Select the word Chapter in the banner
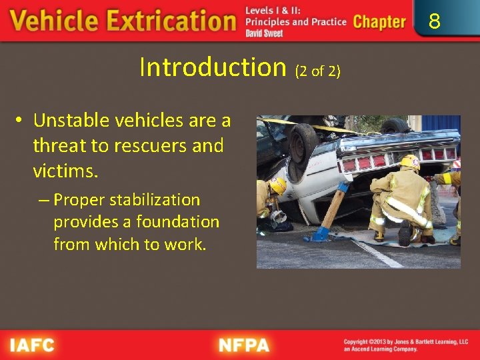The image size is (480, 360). click(x=379, y=22)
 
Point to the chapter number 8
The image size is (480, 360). click(x=434, y=22)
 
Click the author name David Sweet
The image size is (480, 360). click(x=264, y=33)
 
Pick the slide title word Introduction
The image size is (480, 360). click(x=212, y=67)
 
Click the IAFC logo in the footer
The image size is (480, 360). click(x=31, y=346)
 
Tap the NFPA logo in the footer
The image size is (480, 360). click(x=244, y=346)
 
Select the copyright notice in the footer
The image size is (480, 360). click(x=405, y=345)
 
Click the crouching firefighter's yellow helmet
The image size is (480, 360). click(x=410, y=162)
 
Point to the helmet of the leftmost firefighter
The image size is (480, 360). click(x=277, y=185)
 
